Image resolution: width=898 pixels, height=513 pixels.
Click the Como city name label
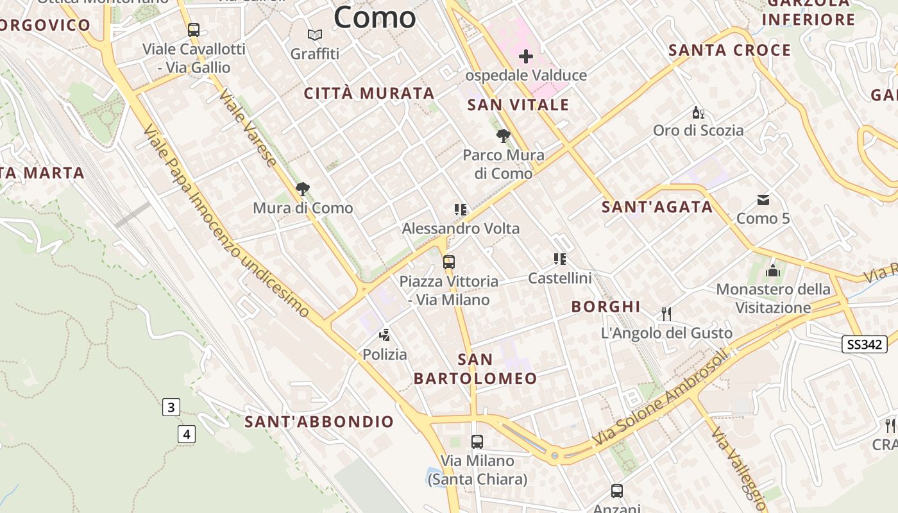(375, 17)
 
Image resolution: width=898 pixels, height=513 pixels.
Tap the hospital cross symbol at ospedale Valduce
(526, 56)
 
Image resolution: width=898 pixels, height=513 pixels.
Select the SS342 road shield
(865, 344)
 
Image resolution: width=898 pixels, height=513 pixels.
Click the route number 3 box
(171, 407)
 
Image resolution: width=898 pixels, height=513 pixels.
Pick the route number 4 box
(186, 434)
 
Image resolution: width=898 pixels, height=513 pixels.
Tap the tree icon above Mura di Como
(302, 189)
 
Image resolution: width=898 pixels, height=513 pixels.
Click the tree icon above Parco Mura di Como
(504, 136)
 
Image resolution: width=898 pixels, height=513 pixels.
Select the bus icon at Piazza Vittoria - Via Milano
(449, 262)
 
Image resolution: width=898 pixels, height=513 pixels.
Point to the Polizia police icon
(385, 335)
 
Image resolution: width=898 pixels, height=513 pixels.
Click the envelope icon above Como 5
(763, 200)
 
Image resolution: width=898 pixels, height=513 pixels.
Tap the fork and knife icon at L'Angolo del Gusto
(666, 314)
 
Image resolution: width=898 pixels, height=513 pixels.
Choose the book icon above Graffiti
(314, 35)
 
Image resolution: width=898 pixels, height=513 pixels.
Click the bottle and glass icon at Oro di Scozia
(698, 112)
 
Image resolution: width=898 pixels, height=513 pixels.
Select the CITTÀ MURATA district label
(369, 94)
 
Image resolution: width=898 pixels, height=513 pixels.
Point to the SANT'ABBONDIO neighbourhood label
(319, 421)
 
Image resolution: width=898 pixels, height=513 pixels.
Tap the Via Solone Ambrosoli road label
(663, 398)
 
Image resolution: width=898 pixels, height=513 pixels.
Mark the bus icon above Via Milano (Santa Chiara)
(477, 441)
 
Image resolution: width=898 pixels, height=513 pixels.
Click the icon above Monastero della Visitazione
(773, 271)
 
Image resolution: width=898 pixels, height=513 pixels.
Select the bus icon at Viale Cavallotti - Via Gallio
(194, 29)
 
